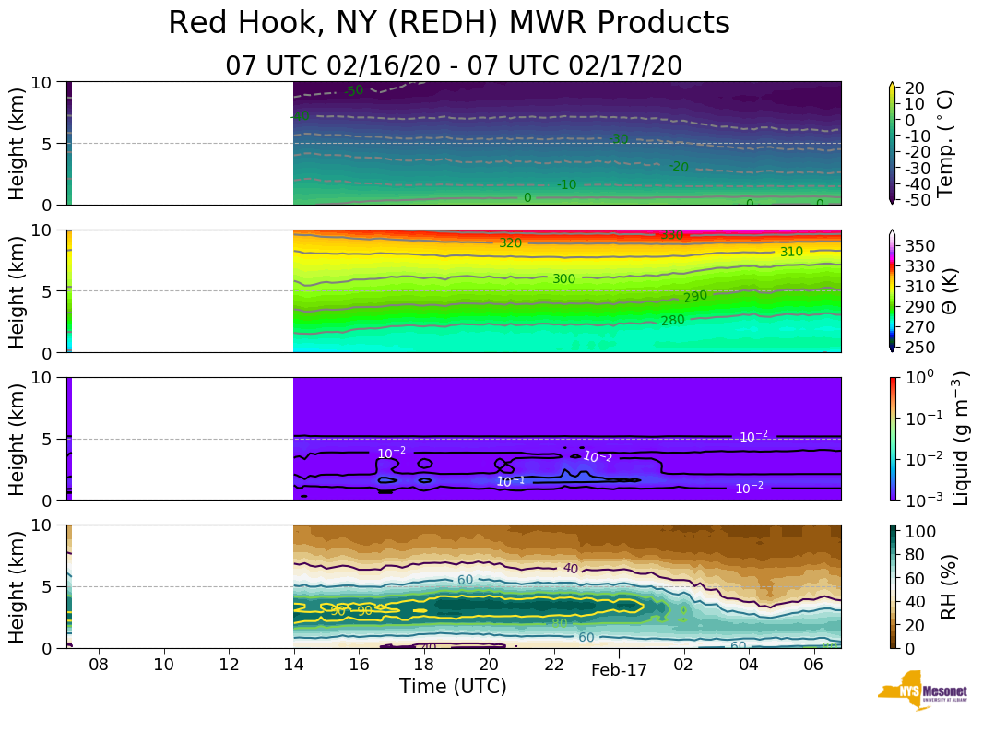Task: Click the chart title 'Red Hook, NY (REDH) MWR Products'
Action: coord(449,24)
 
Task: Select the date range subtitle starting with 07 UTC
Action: coord(454,65)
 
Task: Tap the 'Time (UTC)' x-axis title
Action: coord(453,687)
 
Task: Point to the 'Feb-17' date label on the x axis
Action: coord(619,671)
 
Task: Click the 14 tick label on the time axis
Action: coord(293,665)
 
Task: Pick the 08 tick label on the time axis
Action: coord(99,665)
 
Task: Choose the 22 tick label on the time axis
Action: coord(554,665)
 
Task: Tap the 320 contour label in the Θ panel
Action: coord(510,243)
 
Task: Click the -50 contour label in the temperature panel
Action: coord(353,90)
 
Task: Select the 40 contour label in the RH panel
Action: coord(571,569)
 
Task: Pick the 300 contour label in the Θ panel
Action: coord(563,278)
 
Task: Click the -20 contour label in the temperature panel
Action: coord(679,167)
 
